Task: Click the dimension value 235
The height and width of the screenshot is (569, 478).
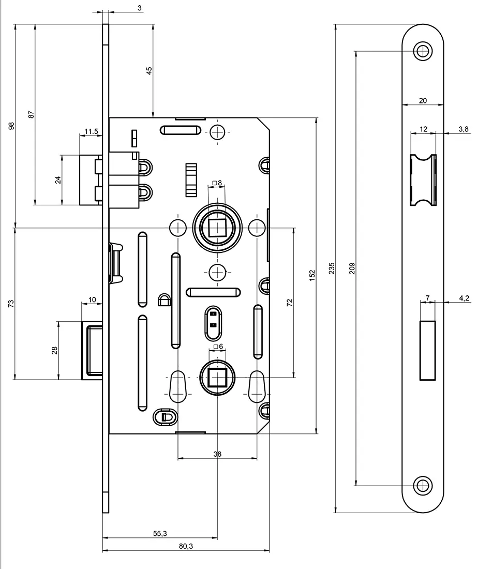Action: pos(332,268)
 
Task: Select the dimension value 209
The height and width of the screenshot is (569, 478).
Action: pos(352,268)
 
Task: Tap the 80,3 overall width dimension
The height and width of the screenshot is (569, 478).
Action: pos(186,546)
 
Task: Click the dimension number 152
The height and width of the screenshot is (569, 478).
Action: pos(312,275)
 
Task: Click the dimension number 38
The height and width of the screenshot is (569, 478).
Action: pos(217,454)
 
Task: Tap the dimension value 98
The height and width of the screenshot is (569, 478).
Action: pos(12,126)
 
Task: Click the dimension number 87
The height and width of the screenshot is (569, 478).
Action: pos(31,115)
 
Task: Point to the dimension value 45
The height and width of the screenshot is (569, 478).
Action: pos(149,71)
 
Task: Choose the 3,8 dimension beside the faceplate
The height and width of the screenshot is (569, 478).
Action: pos(463,129)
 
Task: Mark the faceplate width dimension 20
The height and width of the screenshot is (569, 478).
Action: pos(423,101)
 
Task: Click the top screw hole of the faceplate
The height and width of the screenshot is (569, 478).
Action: pos(423,51)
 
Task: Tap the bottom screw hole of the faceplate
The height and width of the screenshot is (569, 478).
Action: pos(423,485)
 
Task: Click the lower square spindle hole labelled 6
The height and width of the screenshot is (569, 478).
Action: pos(217,378)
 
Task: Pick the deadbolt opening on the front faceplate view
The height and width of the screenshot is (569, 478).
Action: pos(427,351)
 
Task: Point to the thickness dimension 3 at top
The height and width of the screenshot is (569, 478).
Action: pos(126,8)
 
